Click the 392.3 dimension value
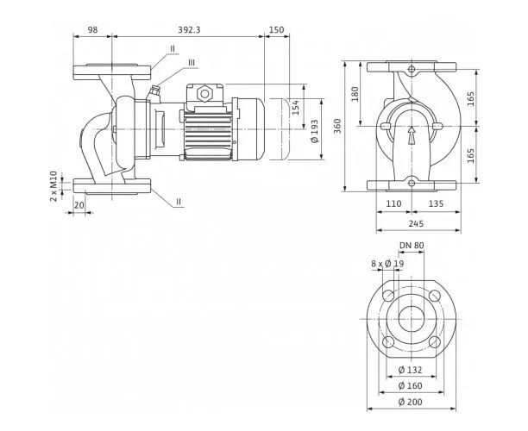pos(189,29)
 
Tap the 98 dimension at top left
pos(92,29)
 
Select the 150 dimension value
pos(276,29)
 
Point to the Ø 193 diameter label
pos(315,131)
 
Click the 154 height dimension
pos(295,107)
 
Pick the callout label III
pos(192,63)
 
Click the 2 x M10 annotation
pos(53,186)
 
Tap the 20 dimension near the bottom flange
pos(79,205)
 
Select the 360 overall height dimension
pos(337,126)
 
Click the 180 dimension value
pos(355,94)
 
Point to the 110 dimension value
pos(393,203)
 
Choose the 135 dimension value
pos(436,203)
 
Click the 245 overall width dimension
pos(416,223)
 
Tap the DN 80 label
pos(412,246)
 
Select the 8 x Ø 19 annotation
pos(387,264)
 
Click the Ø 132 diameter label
pos(410,370)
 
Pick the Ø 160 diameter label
pos(410,385)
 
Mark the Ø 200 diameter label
pos(410,402)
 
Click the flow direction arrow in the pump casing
pos(412,135)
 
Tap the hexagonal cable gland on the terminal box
pos(204,94)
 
